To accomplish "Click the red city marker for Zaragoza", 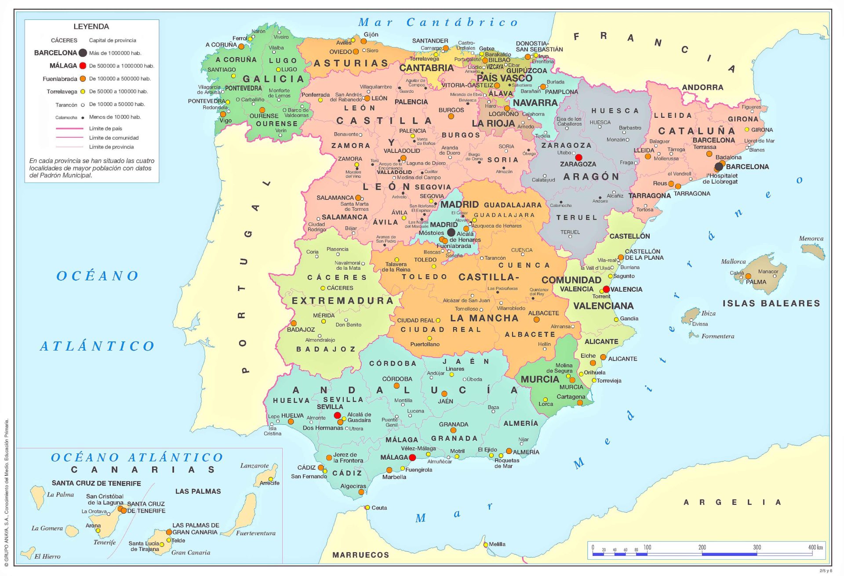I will (x=578, y=157).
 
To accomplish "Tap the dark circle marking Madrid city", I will (x=451, y=232).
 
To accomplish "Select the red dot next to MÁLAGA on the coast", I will (x=412, y=457).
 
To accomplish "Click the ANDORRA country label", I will (x=702, y=87).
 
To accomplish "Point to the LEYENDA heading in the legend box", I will (x=91, y=26).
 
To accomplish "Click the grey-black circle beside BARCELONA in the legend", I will (x=83, y=53).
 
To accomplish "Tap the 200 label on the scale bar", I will (x=702, y=547).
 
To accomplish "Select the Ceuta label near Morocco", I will (x=379, y=508).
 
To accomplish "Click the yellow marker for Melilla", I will (x=486, y=544).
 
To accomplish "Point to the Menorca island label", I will (x=811, y=239).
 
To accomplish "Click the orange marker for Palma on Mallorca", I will (x=748, y=276).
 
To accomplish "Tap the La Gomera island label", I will (x=47, y=528).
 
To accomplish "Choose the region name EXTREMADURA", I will (x=342, y=301).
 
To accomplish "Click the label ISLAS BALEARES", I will (x=771, y=303).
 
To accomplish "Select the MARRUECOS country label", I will (x=360, y=555).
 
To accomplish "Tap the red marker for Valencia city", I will (x=606, y=289).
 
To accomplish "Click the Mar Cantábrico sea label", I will (x=438, y=22).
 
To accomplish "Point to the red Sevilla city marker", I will (x=337, y=415).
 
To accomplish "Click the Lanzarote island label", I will (x=254, y=466).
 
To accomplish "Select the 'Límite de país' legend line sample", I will (x=69, y=128).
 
